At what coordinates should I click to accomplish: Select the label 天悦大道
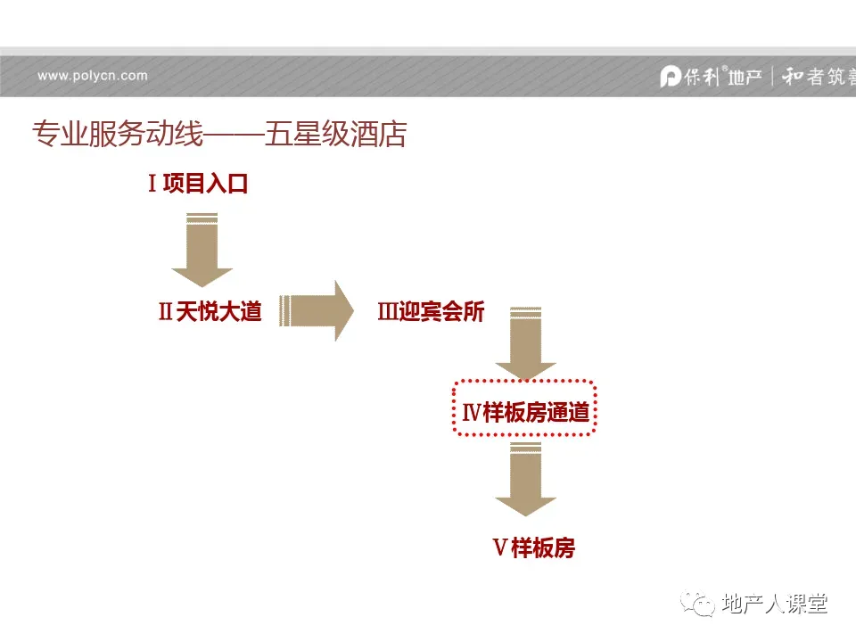pyautogui.click(x=218, y=312)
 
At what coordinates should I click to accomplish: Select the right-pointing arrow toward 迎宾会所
pyautogui.click(x=316, y=310)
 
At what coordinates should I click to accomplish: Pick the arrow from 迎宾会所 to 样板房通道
pyautogui.click(x=525, y=344)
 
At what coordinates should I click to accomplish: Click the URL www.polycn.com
pyautogui.click(x=93, y=76)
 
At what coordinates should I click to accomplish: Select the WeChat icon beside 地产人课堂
pyautogui.click(x=698, y=604)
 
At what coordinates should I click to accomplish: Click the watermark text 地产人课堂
pyautogui.click(x=774, y=604)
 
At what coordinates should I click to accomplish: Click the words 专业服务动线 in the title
pyautogui.click(x=117, y=134)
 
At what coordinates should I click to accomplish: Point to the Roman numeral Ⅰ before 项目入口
pyautogui.click(x=152, y=185)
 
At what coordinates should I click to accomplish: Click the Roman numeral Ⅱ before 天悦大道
pyautogui.click(x=165, y=312)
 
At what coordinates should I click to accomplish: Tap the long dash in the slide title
pyautogui.click(x=234, y=135)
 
